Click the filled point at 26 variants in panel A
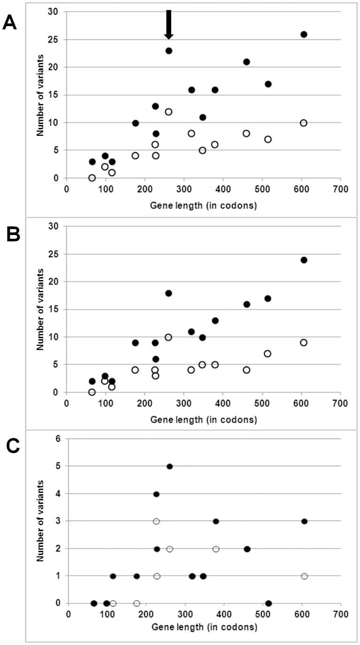pos(304,34)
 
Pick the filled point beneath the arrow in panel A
pos(169,51)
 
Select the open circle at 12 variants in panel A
pos(168,111)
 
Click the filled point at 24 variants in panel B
pos(304,260)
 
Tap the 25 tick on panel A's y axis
pos(56,40)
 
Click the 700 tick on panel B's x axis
pos(340,402)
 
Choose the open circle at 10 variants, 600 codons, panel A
pos(304,123)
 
